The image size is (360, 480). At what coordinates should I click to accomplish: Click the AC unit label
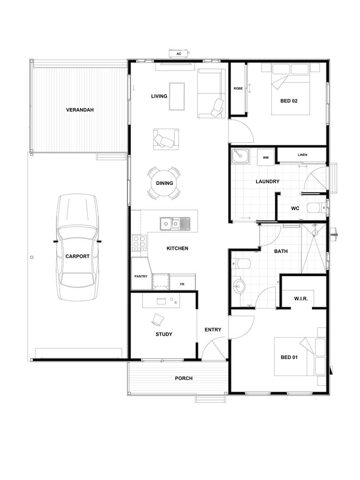(x=179, y=54)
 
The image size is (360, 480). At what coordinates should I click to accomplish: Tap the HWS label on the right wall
(x=334, y=235)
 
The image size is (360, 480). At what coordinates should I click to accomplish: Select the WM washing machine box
(x=266, y=157)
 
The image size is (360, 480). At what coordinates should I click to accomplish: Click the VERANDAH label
(x=80, y=110)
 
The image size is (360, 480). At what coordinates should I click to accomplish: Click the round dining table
(x=164, y=183)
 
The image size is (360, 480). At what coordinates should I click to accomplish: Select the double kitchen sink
(x=175, y=223)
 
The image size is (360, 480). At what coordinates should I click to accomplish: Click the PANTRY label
(x=141, y=276)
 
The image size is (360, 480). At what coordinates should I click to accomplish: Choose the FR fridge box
(x=182, y=284)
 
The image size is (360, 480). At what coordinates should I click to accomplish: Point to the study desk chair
(x=158, y=319)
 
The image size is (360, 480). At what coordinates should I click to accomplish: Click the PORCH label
(x=184, y=378)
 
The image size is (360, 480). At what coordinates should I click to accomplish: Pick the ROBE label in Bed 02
(x=238, y=89)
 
